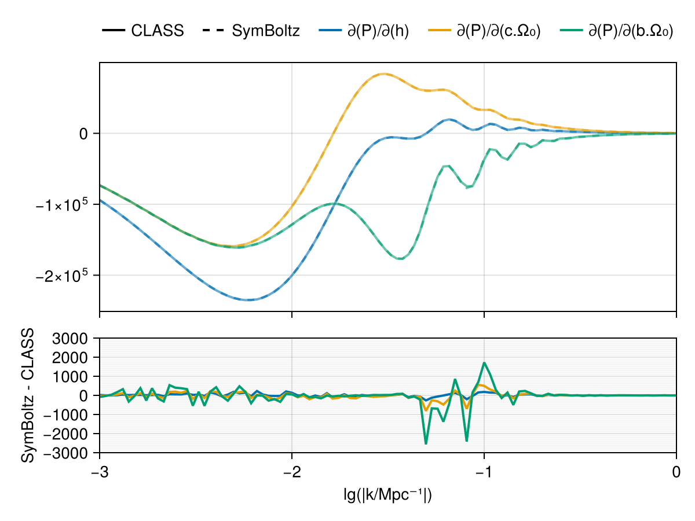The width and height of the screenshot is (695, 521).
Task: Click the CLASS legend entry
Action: tap(143, 31)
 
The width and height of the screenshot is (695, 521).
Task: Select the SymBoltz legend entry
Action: tap(251, 31)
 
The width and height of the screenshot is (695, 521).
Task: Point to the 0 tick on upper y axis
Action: tap(83, 134)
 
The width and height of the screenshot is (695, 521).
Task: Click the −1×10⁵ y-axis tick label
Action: tap(61, 206)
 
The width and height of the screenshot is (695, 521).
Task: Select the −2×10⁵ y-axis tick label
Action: tap(61, 277)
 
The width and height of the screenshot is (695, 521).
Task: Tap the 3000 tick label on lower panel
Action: tap(70, 339)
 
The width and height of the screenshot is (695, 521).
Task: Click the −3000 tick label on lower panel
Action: tap(65, 453)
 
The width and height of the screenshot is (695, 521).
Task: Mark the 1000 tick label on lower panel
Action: tap(70, 377)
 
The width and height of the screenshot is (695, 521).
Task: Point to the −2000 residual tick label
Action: tap(65, 434)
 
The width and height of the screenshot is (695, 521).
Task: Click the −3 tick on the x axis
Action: tap(100, 472)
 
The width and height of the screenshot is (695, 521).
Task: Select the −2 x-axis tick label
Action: tap(292, 472)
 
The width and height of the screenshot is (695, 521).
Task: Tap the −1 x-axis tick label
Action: tap(484, 472)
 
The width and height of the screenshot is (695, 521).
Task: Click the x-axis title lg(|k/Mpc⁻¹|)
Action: tap(388, 495)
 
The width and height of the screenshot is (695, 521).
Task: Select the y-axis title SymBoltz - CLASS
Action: tap(27, 395)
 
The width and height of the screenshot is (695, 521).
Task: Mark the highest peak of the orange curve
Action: tap(384, 74)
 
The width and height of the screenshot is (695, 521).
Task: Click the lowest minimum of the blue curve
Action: tap(249, 299)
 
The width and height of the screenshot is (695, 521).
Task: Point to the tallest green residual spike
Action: tap(426, 443)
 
